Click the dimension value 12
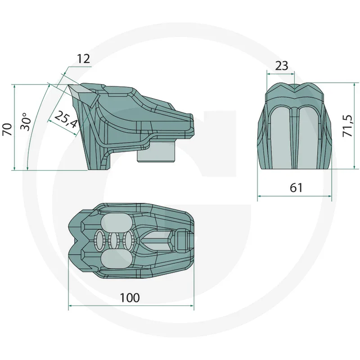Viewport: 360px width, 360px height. pos(83,58)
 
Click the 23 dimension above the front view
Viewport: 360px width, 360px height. pos(281,66)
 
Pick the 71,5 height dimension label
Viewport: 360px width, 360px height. pos(347,127)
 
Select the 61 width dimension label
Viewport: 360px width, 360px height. pos(296,188)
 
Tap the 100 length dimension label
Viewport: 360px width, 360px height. pos(130,297)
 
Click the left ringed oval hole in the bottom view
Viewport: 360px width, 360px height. pos(99,240)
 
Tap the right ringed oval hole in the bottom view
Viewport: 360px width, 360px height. pos(129,240)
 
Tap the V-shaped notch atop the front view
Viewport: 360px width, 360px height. pos(295,88)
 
